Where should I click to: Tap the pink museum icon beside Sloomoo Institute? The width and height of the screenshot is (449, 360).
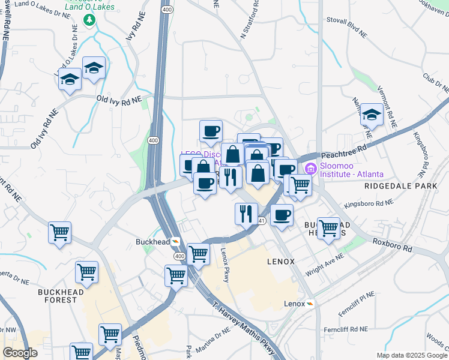[310, 168]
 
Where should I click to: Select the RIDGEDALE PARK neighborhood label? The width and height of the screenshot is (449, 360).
[401, 186]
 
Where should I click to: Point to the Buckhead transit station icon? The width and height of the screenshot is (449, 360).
[175, 242]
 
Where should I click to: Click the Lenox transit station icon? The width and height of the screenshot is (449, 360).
[310, 304]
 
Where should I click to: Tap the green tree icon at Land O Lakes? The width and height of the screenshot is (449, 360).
[90, 20]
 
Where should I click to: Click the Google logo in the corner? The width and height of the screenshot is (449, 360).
[20, 353]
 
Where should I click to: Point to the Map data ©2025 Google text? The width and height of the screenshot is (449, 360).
[411, 355]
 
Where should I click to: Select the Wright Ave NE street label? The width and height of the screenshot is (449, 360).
[324, 262]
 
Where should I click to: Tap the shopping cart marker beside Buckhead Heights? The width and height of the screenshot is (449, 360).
[328, 229]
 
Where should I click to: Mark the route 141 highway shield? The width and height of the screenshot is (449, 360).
[262, 221]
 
